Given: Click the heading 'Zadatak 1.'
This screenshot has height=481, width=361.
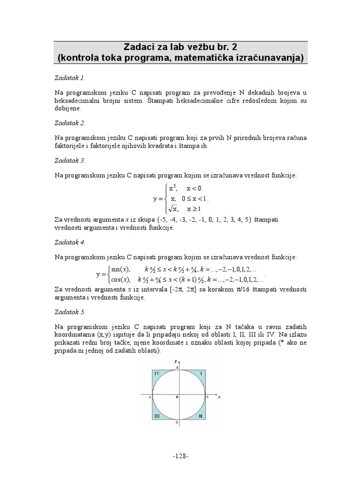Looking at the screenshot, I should tap(70, 78).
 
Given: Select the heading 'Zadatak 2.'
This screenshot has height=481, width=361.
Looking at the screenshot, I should tap(70, 123).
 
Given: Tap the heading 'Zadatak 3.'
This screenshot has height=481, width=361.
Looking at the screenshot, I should tap(70, 160).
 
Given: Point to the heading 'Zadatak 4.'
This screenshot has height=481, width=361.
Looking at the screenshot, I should tap(70, 242).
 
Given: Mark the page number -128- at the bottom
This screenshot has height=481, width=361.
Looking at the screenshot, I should tap(180, 456).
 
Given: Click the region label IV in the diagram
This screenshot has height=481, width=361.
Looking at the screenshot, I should tap(157, 373).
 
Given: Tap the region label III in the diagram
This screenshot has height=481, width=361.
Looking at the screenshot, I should tap(157, 416).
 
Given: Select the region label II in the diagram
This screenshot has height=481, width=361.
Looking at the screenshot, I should tap(200, 416).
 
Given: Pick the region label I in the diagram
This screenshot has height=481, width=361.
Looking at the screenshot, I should tap(201, 373).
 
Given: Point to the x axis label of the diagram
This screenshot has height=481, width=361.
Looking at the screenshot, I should tap(219, 397).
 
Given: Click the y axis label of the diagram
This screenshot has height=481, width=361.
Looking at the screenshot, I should tap(175, 361).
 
